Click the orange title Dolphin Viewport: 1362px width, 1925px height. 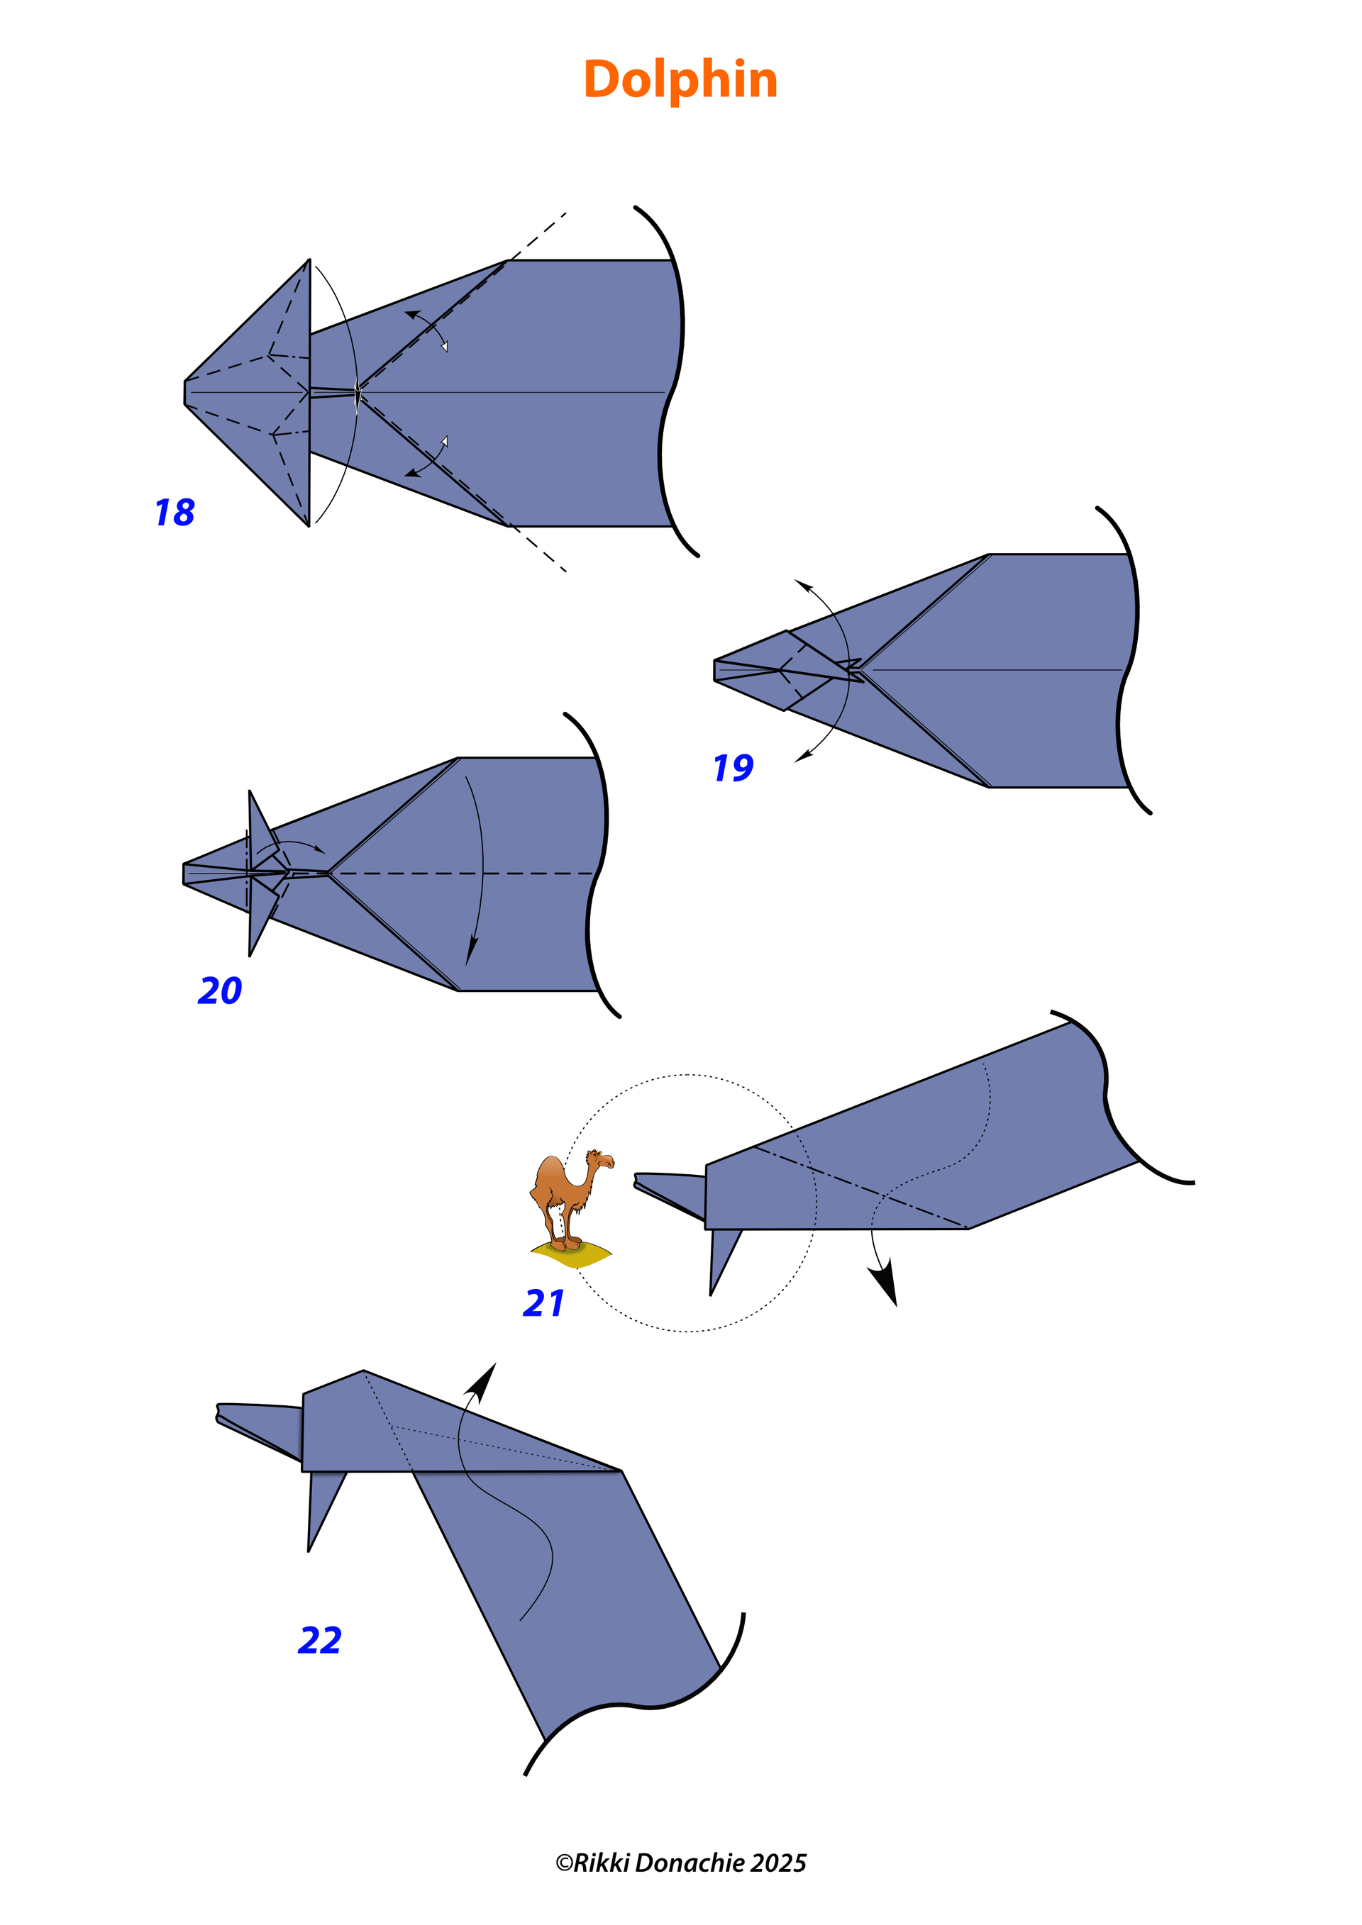coord(680,79)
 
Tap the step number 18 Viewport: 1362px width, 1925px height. coord(175,513)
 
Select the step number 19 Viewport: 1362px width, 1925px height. coord(733,768)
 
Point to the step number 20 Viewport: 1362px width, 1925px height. coord(220,991)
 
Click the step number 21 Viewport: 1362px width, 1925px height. coord(543,1303)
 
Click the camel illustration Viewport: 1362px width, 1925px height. coord(572,1207)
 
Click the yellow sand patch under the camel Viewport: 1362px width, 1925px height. coord(571,1254)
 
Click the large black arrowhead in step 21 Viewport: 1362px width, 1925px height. coord(884,1285)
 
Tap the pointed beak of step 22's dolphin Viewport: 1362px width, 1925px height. coord(219,1414)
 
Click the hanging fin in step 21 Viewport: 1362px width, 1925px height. coord(723,1258)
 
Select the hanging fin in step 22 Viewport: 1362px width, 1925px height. coord(323,1507)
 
